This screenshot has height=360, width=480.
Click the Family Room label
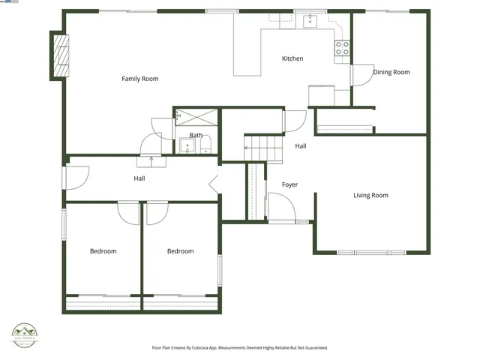point(140,79)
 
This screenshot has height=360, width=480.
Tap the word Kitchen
point(292,58)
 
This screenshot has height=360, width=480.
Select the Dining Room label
point(391,72)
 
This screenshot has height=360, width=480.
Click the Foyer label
point(289,184)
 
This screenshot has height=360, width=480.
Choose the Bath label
point(196,136)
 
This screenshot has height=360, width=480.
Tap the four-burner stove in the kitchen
point(341,48)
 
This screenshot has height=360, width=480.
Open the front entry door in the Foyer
point(281,208)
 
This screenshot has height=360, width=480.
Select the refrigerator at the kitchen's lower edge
point(322,96)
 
